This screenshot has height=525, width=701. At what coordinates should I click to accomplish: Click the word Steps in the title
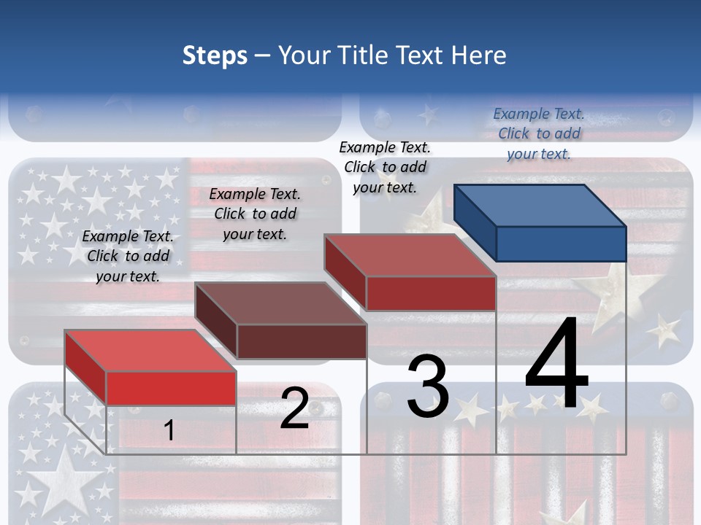click(215, 55)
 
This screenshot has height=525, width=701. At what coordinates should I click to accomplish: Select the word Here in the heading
click(479, 55)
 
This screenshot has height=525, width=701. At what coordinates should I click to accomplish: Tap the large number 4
click(556, 365)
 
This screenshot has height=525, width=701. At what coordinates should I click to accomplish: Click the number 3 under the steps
click(428, 387)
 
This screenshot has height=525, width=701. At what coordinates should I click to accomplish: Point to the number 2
click(294, 408)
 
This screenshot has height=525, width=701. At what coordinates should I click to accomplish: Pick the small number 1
click(169, 430)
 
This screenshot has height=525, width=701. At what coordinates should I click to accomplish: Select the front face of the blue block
click(561, 244)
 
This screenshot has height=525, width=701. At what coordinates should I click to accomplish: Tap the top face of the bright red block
click(150, 351)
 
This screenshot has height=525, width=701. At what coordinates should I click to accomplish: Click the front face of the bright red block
click(171, 388)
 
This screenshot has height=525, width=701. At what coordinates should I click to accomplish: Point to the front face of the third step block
click(431, 293)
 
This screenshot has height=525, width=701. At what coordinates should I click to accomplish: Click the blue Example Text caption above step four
click(539, 133)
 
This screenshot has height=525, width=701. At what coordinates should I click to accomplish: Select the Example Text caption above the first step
click(128, 256)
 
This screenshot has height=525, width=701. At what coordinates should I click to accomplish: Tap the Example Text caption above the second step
click(255, 214)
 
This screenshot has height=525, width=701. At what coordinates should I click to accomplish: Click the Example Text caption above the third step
click(385, 167)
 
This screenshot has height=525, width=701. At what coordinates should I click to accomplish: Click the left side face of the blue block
click(475, 222)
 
